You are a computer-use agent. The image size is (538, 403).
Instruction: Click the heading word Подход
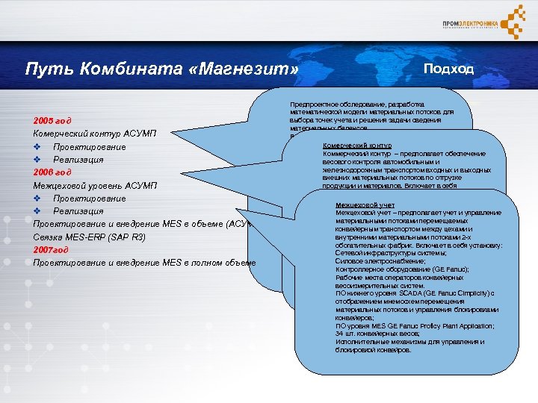[448, 69]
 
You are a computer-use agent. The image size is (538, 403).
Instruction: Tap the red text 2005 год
[52, 120]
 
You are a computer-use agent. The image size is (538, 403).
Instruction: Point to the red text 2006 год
[52, 172]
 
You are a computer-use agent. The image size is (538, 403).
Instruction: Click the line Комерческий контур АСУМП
[95, 134]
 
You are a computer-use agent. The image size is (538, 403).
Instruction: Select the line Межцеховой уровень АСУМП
[95, 185]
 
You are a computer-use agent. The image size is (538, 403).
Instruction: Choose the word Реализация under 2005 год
[78, 160]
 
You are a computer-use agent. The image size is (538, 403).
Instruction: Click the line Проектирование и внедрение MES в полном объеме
[144, 263]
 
